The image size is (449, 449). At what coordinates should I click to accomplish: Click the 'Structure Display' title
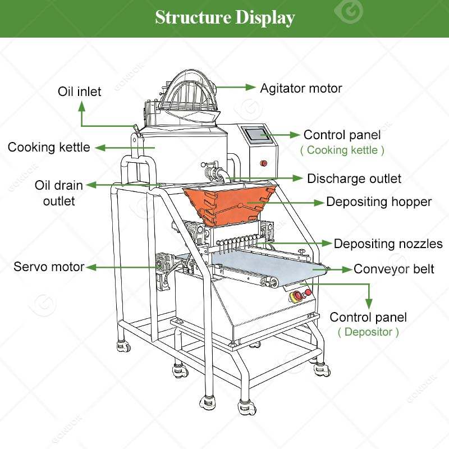click(225, 18)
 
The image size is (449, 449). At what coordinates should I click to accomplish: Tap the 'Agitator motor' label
click(301, 89)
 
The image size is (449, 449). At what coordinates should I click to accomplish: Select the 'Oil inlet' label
click(79, 91)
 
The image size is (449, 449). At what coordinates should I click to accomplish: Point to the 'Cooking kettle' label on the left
click(49, 147)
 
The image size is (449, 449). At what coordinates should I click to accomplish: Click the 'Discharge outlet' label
click(354, 178)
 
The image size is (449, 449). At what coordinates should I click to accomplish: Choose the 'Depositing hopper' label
click(379, 202)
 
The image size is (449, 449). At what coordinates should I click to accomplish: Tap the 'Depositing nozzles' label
click(388, 244)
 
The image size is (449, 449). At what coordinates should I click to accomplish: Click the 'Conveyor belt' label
click(394, 269)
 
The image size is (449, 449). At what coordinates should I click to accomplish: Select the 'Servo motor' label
click(49, 267)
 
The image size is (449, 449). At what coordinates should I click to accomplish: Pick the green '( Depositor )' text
click(368, 332)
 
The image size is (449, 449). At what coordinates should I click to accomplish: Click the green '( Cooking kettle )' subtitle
click(342, 150)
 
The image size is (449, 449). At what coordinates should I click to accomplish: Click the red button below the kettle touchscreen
click(263, 163)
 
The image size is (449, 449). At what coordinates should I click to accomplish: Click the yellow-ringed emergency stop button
click(296, 297)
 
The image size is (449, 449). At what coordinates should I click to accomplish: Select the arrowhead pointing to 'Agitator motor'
click(250, 88)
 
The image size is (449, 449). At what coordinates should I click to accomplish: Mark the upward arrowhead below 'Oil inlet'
click(82, 107)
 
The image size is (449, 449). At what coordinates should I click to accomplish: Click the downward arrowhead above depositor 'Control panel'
click(369, 304)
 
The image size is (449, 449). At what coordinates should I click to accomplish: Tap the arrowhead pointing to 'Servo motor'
click(91, 268)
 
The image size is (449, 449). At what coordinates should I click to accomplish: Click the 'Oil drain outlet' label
click(59, 193)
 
